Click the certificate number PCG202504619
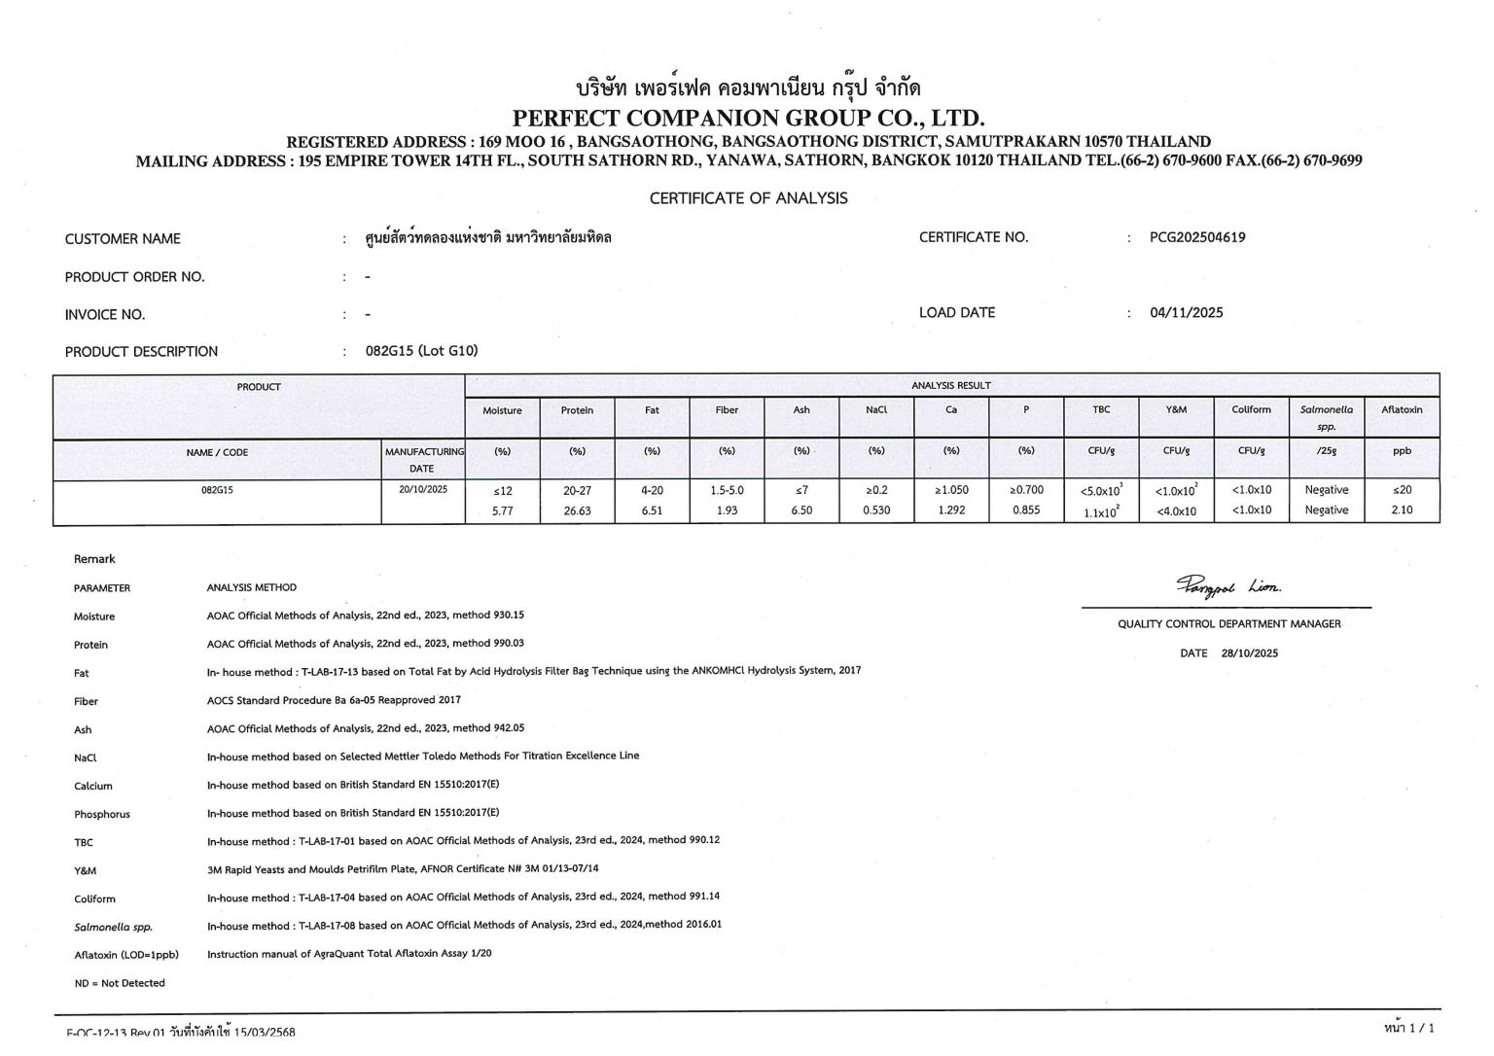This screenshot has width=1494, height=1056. coord(1197,237)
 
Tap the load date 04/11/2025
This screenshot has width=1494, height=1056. coord(1186,313)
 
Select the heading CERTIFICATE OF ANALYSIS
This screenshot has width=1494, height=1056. coord(748,198)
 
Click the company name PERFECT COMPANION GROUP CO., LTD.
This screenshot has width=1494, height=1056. coord(748,119)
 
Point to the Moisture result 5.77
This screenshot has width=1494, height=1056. coord(502,510)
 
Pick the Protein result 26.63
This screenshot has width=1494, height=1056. coord(577,510)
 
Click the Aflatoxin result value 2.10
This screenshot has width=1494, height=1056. coord(1402,510)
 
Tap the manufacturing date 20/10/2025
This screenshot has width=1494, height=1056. coord(423,490)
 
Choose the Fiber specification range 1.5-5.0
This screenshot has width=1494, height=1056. coord(727,490)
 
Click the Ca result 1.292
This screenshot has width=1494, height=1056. coord(951,510)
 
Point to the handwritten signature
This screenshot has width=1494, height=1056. coord(1228,585)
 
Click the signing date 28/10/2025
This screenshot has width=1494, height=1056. coord(1250,653)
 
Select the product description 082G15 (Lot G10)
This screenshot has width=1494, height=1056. coord(421,351)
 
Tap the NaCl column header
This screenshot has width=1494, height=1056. coord(876,410)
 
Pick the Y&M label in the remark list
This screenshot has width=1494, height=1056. coord(85,870)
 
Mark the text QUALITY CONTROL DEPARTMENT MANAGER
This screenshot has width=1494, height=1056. coord(1228,624)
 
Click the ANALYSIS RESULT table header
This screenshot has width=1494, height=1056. coord(951,386)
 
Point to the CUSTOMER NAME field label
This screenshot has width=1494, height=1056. coord(123,239)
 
